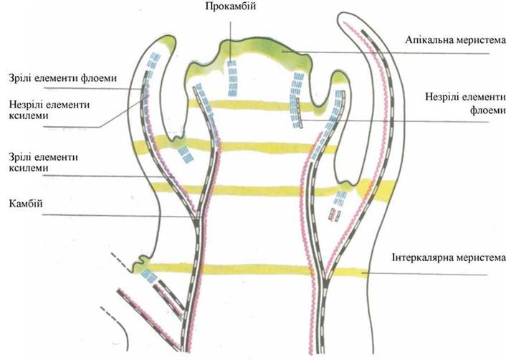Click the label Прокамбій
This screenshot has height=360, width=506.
(x=231, y=7)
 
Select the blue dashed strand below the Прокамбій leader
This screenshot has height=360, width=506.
(x=231, y=77)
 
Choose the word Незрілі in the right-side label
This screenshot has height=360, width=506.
(x=425, y=98)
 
